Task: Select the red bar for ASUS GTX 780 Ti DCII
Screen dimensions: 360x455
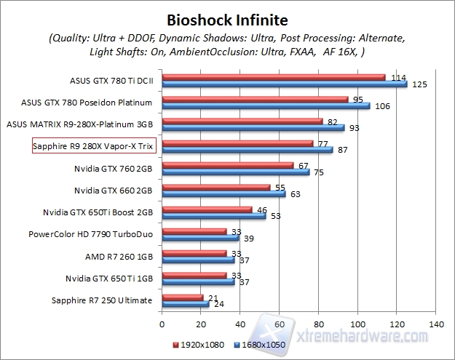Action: [273, 77]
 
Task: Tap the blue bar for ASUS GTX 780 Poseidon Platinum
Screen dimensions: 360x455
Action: [266, 106]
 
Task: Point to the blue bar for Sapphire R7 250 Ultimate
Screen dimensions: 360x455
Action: [185, 304]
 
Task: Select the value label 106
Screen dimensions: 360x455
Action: [381, 107]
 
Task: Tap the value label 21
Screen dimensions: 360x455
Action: [213, 297]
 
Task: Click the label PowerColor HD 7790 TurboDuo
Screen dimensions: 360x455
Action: [90, 234]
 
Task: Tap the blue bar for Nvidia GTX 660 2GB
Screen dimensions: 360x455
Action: [223, 194]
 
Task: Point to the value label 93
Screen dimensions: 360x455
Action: [355, 129]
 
